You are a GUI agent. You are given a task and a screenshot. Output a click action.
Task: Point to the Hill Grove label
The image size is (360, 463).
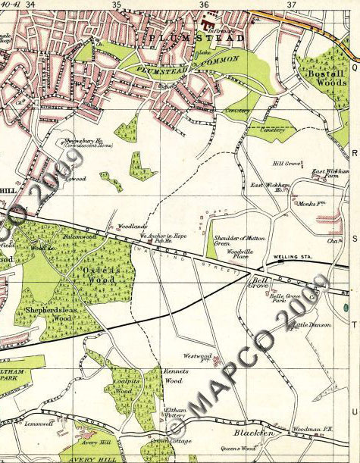click(288, 161)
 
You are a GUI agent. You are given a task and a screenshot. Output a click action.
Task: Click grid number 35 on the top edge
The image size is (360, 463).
click(117, 5)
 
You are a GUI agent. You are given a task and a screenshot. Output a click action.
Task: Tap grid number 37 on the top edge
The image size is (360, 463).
click(291, 5)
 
